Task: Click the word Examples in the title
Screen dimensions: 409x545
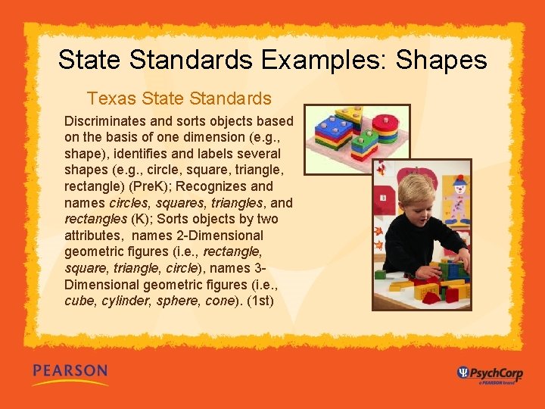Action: point(310,60)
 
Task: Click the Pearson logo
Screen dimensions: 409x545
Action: point(70,372)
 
